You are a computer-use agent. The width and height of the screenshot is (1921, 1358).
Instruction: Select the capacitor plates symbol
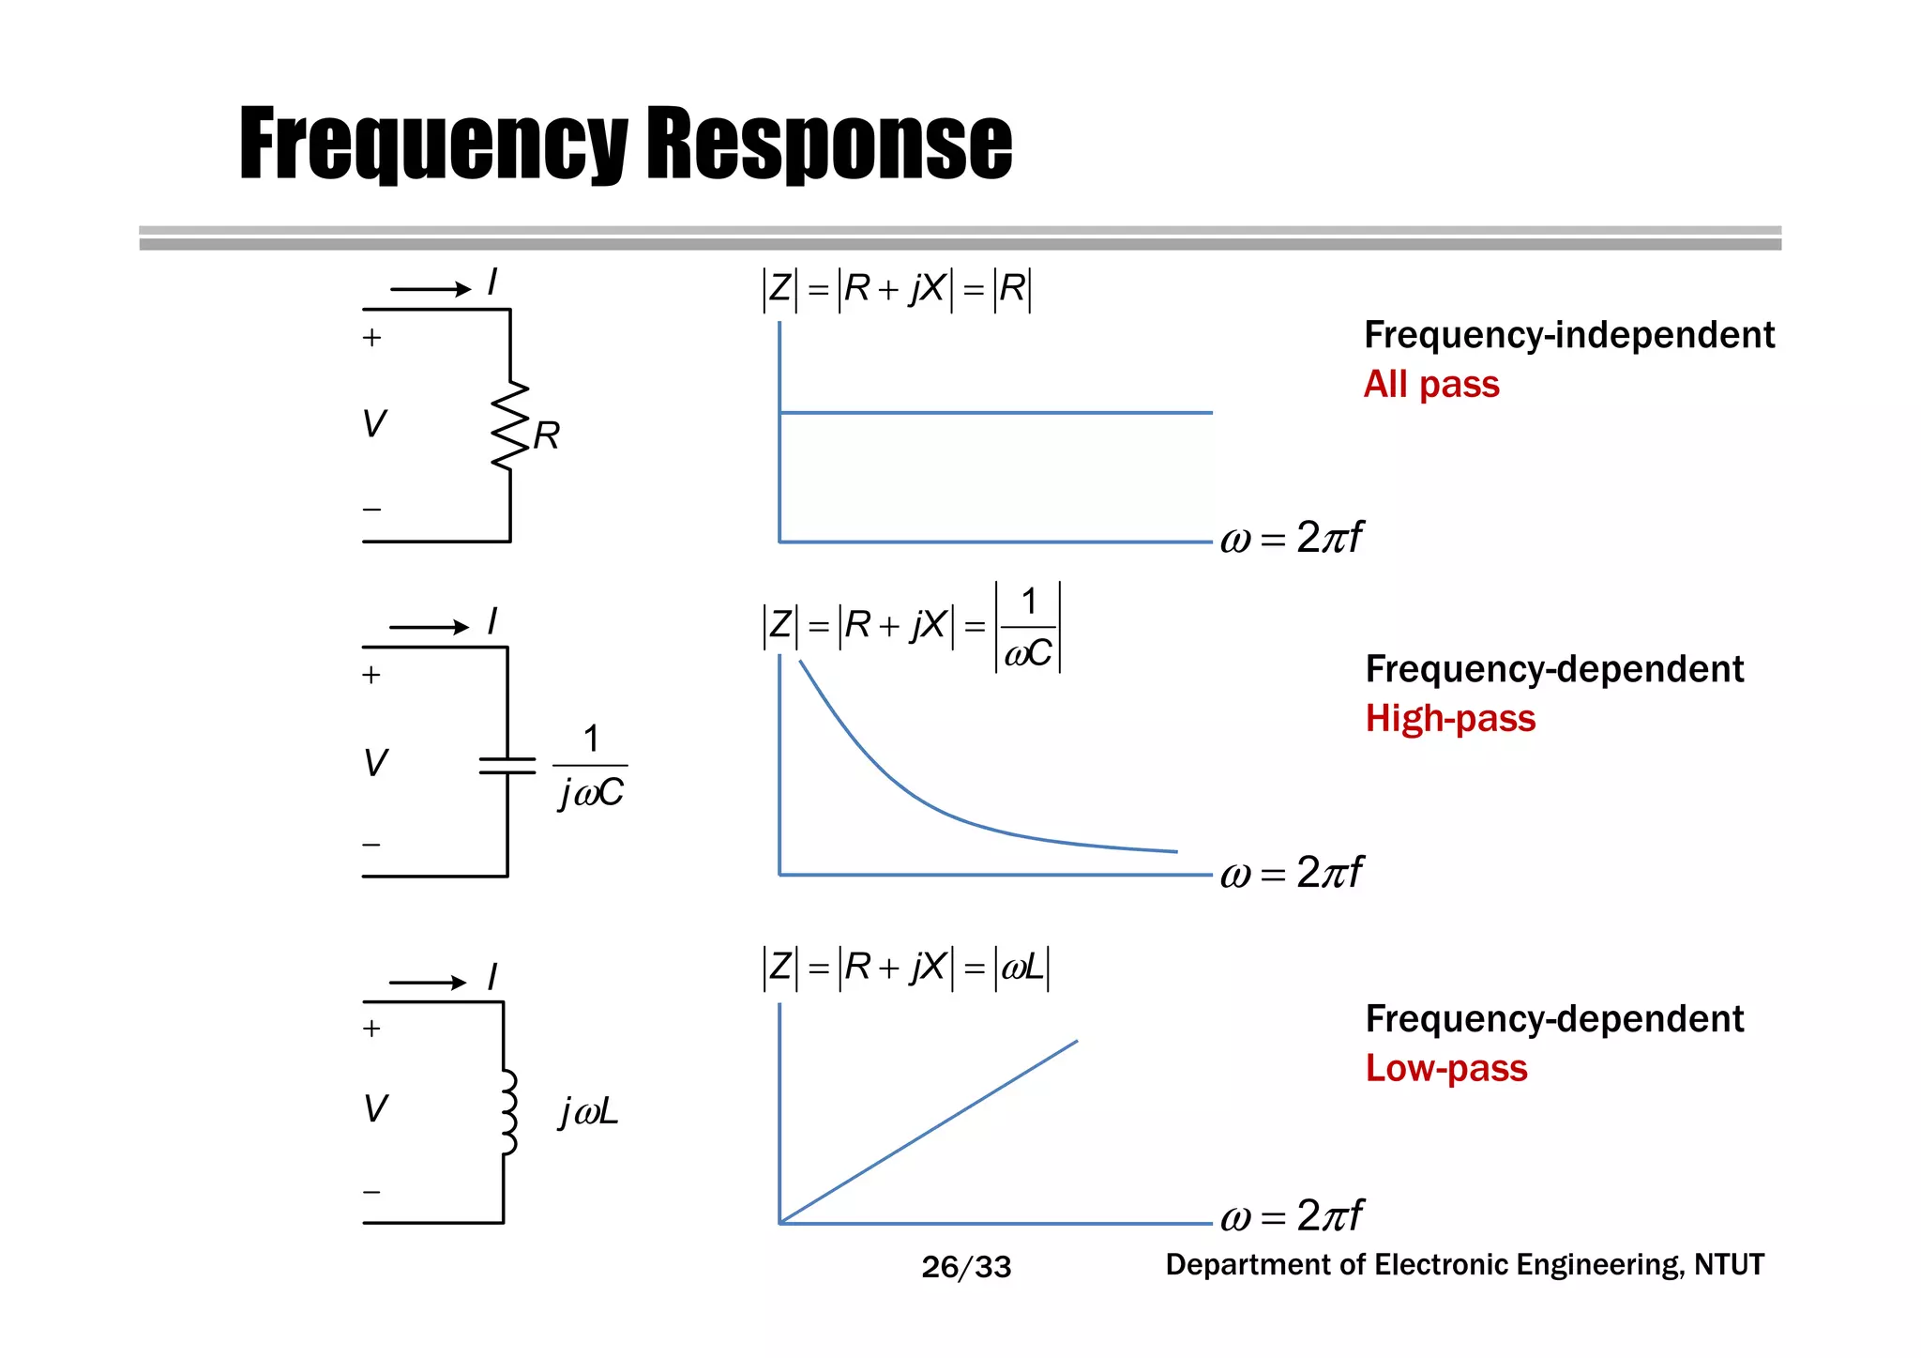pyautogui.click(x=507, y=766)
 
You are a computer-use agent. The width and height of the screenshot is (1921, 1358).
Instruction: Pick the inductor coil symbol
pyautogui.click(x=507, y=1112)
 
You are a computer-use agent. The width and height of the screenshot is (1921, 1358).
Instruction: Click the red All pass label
pyautogui.click(x=1430, y=385)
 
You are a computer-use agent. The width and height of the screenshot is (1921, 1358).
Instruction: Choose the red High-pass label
pyautogui.click(x=1450, y=719)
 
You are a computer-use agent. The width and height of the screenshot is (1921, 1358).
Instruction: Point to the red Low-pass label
pyautogui.click(x=1445, y=1069)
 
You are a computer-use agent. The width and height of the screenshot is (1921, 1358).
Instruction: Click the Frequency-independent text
pyautogui.click(x=1568, y=335)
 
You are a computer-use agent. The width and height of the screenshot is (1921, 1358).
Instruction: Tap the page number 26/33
pyautogui.click(x=966, y=1267)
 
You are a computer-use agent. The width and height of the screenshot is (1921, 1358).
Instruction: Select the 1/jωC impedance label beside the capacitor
pyautogui.click(x=591, y=767)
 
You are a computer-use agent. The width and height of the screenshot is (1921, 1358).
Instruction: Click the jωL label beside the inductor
pyautogui.click(x=589, y=1112)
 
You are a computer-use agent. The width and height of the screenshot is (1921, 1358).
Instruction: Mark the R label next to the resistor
pyautogui.click(x=546, y=435)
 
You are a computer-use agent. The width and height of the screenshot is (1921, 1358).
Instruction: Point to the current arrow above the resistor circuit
pyautogui.click(x=430, y=289)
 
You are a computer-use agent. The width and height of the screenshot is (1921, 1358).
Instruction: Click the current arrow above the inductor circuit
pyautogui.click(x=428, y=983)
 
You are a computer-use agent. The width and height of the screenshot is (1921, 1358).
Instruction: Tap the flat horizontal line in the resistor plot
pyautogui.click(x=994, y=412)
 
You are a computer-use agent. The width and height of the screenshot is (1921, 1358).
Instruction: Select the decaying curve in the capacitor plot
pyautogui.click(x=900, y=781)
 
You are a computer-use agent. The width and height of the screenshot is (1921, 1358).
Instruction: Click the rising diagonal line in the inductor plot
pyautogui.click(x=929, y=1132)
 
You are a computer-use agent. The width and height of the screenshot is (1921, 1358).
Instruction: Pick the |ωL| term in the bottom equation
pyautogui.click(x=1023, y=968)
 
